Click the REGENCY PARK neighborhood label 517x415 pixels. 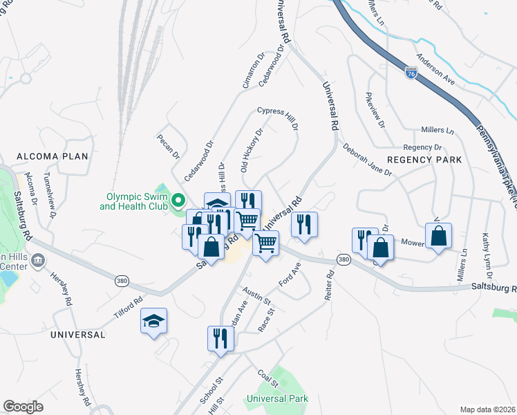click(x=424, y=160)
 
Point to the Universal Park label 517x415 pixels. click(x=277, y=398)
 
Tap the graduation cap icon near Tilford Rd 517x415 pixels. click(x=154, y=321)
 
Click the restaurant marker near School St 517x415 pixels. click(x=221, y=339)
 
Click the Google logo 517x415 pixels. click(x=23, y=407)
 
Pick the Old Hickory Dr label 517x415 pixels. click(x=252, y=149)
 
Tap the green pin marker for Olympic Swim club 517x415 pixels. click(x=178, y=201)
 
